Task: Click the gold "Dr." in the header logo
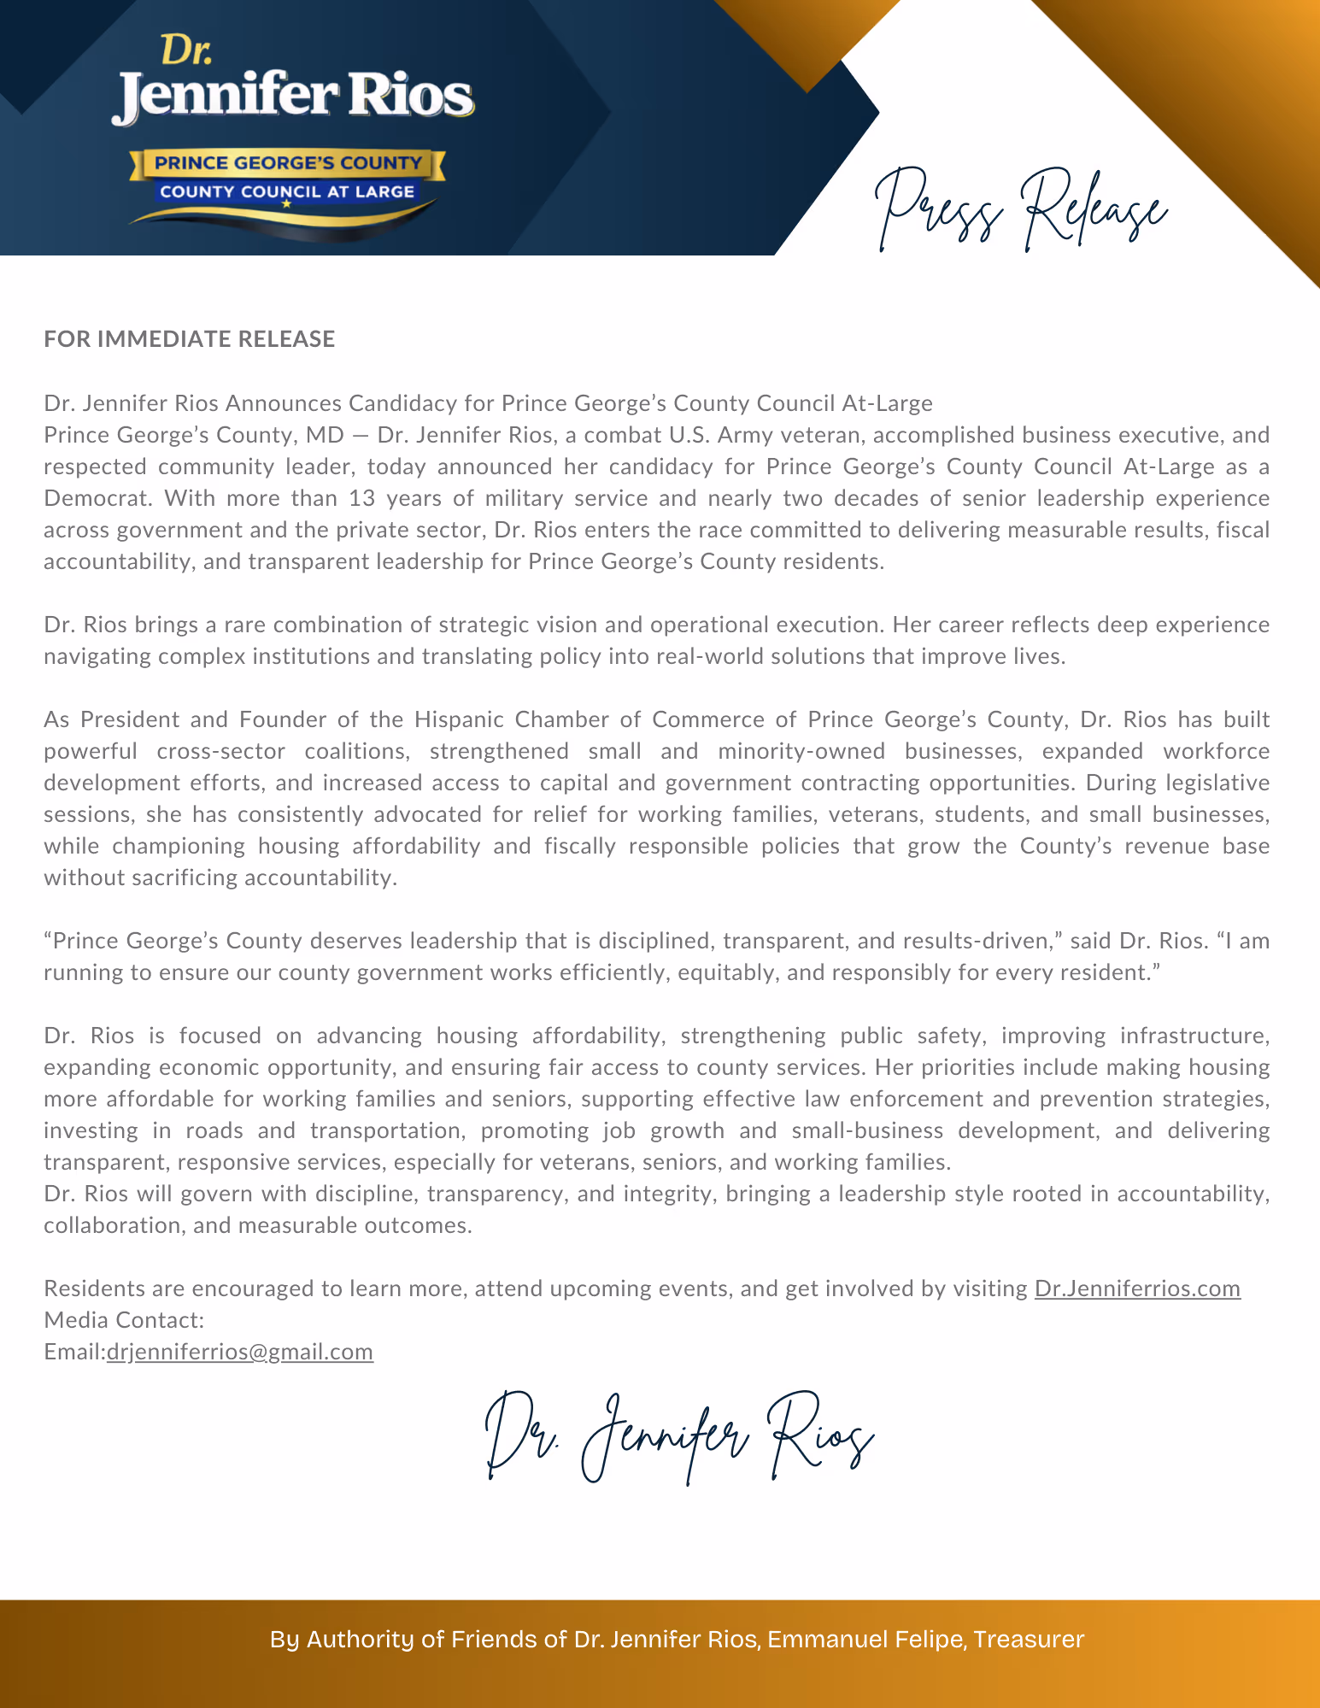click(x=186, y=50)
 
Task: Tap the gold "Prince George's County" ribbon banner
click(x=288, y=162)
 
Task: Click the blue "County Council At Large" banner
click(x=287, y=191)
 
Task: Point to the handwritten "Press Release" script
click(x=1021, y=209)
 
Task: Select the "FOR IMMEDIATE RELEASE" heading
click(x=190, y=339)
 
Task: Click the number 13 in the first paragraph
click(x=362, y=498)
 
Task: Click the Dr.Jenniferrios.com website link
click(x=1137, y=1288)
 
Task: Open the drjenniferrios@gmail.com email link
click(x=240, y=1352)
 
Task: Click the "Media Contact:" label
click(x=124, y=1320)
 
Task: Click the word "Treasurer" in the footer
click(x=1029, y=1640)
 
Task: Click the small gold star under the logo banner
click(x=286, y=204)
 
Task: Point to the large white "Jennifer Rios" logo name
click(x=292, y=97)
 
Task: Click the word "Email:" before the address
click(x=75, y=1352)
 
